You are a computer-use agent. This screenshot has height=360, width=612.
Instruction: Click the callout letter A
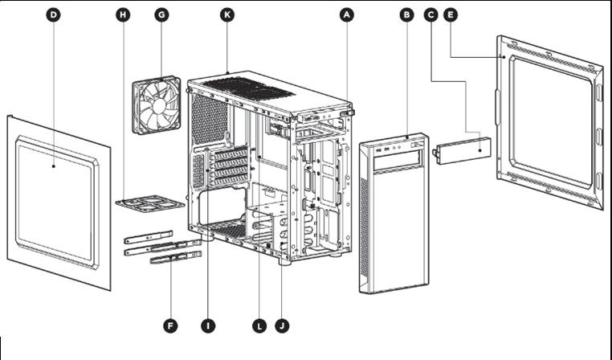tap(347, 14)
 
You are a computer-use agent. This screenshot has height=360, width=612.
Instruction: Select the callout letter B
tap(406, 14)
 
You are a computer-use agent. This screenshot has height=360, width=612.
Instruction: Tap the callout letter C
tap(431, 14)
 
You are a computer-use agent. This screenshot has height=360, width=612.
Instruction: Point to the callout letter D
tap(53, 14)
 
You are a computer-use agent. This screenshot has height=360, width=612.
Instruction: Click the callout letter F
tap(170, 325)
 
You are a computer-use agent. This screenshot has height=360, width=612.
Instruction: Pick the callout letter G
tap(161, 14)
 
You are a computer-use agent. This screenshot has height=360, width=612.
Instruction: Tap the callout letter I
tap(208, 325)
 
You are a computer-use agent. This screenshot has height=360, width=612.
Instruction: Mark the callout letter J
tap(281, 325)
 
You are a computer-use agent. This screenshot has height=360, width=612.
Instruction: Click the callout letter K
tap(227, 14)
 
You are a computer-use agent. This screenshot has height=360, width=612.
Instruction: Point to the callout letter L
tap(259, 325)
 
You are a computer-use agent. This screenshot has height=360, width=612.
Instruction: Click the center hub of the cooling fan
tap(159, 104)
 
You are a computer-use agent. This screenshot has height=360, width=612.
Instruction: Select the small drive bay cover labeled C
tap(463, 149)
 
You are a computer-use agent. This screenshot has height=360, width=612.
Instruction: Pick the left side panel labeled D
tap(56, 201)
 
